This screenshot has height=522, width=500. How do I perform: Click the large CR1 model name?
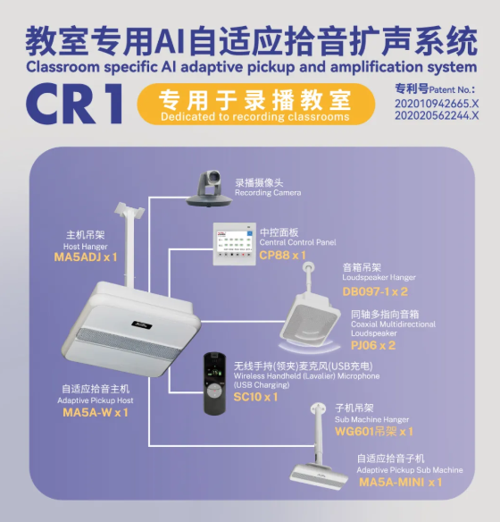pos(74,104)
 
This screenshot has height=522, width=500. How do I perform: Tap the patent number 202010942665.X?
pos(437,104)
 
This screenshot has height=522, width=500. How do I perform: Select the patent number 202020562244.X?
pos(437,115)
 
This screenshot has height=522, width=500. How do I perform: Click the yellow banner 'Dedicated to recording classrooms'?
pos(256,105)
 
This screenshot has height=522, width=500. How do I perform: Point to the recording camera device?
pos(210,189)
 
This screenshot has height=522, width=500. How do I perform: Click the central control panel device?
pos(234,244)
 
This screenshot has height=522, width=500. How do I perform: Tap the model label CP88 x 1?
pos(282,256)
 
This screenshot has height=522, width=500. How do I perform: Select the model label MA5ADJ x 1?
pos(86,257)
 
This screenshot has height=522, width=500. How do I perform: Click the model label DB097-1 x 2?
pos(375,291)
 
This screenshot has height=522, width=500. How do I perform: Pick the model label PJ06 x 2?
pos(373,346)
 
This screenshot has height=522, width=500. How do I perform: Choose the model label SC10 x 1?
pos(255,397)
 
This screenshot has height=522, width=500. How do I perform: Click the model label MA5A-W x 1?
pos(96,413)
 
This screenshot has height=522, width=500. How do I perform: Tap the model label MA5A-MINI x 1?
pos(401,483)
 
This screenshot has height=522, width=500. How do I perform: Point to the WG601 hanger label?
pos(374,432)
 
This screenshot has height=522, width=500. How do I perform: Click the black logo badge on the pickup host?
pos(142,324)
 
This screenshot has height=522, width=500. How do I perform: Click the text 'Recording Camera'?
pos(268,193)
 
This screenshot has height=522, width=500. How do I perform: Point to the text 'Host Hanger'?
pos(86,247)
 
